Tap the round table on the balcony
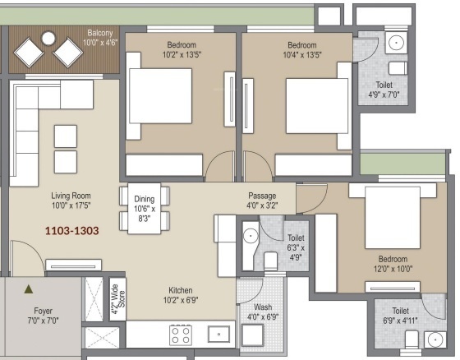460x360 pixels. [48, 37]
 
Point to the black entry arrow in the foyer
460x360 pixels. [29, 289]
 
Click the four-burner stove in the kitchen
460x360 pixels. [181, 335]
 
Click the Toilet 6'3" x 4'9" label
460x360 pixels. [297, 242]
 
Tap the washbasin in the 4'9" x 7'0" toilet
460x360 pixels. [396, 42]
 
